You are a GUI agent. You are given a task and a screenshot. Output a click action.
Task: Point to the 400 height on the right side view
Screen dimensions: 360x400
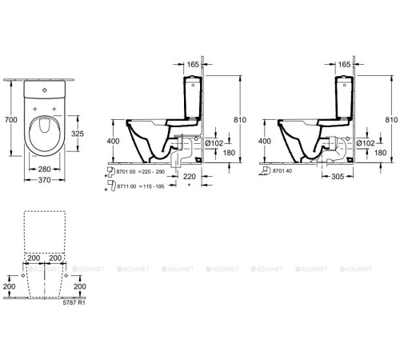266,140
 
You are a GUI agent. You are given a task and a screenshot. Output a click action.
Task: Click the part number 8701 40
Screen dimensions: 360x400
283,171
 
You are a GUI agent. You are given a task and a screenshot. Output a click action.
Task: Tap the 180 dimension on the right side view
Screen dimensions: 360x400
380,152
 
